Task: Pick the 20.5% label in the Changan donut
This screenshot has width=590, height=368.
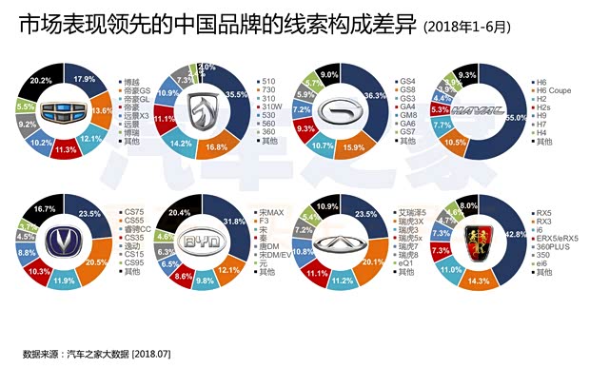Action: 93,262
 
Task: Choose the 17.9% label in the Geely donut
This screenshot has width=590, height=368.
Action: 85,79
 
